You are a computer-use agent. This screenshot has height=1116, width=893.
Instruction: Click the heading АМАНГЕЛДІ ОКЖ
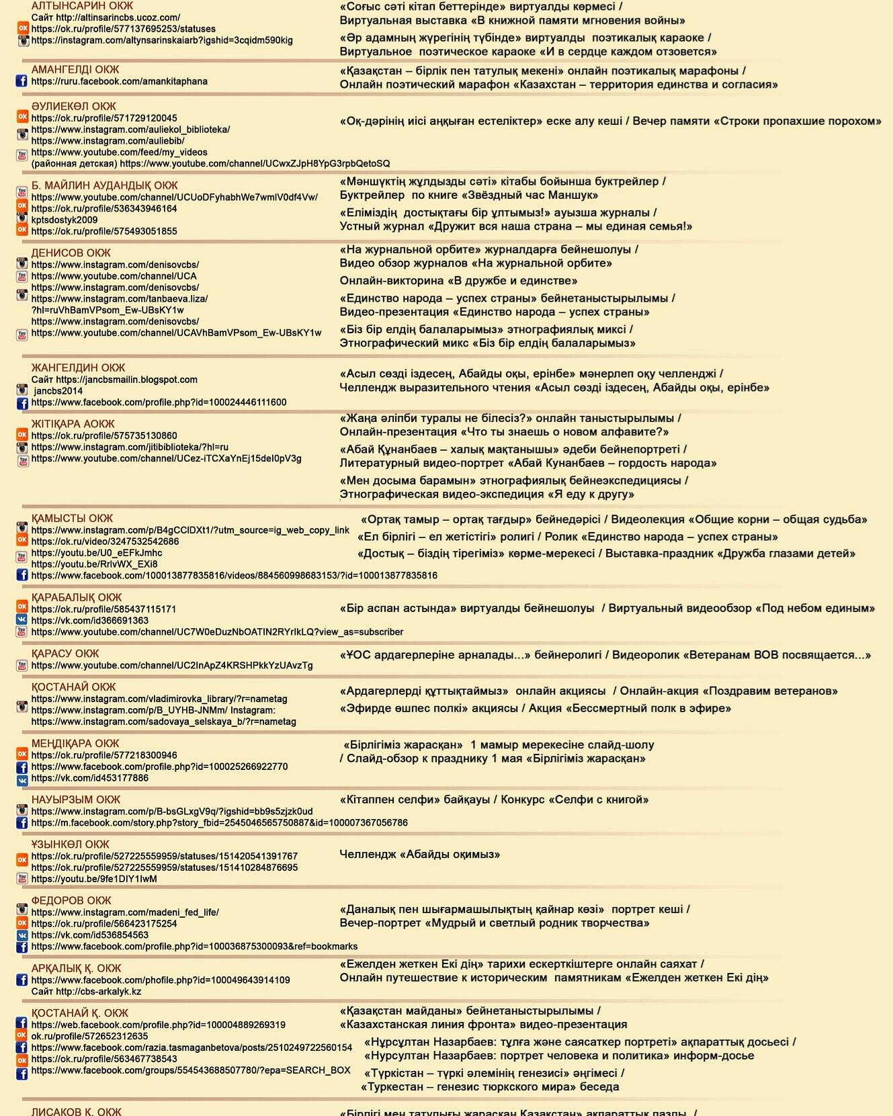(75, 69)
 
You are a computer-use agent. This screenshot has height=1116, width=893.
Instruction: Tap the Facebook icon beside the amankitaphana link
(22, 81)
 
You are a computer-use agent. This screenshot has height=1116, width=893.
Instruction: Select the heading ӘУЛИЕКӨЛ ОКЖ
(73, 106)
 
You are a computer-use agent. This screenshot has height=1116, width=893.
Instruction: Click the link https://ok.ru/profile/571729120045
(104, 118)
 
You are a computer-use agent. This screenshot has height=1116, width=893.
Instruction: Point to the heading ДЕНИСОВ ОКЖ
(71, 253)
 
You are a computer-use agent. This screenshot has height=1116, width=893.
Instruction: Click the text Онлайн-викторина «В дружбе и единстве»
(458, 281)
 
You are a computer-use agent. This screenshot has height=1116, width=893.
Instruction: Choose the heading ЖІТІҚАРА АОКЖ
(73, 424)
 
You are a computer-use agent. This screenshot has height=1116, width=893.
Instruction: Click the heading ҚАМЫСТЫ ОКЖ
(72, 518)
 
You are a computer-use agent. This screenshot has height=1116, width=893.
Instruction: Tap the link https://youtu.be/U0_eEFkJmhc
(96, 553)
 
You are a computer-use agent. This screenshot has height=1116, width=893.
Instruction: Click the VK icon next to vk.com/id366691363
(22, 621)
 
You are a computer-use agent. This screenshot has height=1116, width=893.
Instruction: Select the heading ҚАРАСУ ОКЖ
(65, 653)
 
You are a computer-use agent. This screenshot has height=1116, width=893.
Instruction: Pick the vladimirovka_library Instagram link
(159, 699)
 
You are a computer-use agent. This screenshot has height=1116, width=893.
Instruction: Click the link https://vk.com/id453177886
(89, 778)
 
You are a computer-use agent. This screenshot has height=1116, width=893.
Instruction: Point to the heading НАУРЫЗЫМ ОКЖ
(75, 800)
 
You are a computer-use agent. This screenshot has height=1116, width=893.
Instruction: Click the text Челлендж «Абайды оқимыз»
(419, 855)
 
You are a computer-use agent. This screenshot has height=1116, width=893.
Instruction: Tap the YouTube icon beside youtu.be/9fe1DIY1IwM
(22, 879)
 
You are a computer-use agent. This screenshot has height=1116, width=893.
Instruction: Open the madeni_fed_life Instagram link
(125, 912)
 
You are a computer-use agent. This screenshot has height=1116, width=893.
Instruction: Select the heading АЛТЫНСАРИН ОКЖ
(82, 6)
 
